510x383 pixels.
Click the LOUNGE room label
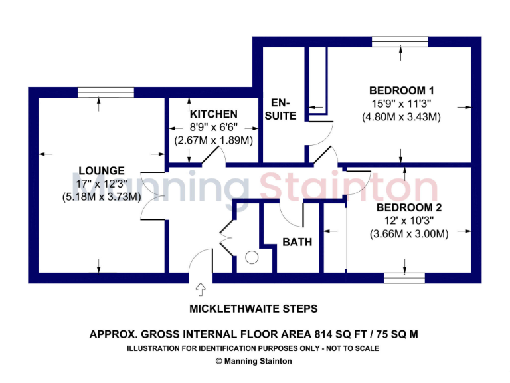(x=101, y=171)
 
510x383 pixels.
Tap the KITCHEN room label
(x=214, y=115)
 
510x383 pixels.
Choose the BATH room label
(x=297, y=242)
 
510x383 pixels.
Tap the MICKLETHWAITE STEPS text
(x=254, y=309)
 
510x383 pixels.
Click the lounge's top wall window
(x=97, y=92)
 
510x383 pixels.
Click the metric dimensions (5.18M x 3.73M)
(x=102, y=197)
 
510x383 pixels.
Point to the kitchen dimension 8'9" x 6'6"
(x=214, y=128)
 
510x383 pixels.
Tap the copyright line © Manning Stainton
(x=254, y=361)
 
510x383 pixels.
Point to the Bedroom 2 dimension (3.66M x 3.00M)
(x=409, y=234)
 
